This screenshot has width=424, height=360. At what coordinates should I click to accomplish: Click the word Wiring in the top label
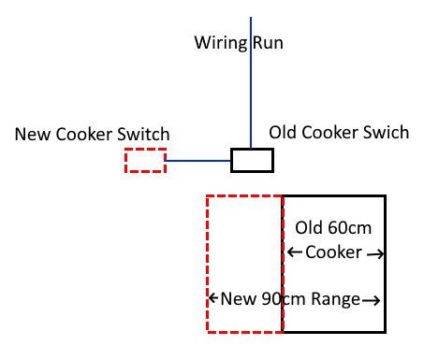point(221,43)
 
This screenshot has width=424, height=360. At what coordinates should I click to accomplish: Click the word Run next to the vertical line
point(268,42)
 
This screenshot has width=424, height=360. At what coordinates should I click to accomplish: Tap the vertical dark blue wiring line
point(251,82)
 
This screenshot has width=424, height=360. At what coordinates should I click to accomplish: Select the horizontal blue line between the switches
point(197,161)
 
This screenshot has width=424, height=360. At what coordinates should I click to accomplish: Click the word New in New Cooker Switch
point(33,135)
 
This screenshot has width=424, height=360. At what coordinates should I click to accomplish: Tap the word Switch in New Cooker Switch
point(143,135)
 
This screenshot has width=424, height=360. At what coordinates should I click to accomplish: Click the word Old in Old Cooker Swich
point(283,132)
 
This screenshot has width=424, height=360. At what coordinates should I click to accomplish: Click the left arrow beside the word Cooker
point(295,252)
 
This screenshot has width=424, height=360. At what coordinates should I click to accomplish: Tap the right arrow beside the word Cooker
point(375,254)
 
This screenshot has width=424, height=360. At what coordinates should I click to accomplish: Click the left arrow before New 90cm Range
point(212,298)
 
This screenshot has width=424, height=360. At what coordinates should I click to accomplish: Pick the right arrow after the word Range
point(372,300)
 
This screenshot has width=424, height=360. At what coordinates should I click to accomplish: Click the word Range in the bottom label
point(336,299)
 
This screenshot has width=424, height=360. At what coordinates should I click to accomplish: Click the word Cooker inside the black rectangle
point(333,252)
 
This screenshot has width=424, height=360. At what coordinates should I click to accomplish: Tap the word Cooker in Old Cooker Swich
point(329,132)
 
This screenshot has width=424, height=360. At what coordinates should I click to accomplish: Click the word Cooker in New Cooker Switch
point(84,135)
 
